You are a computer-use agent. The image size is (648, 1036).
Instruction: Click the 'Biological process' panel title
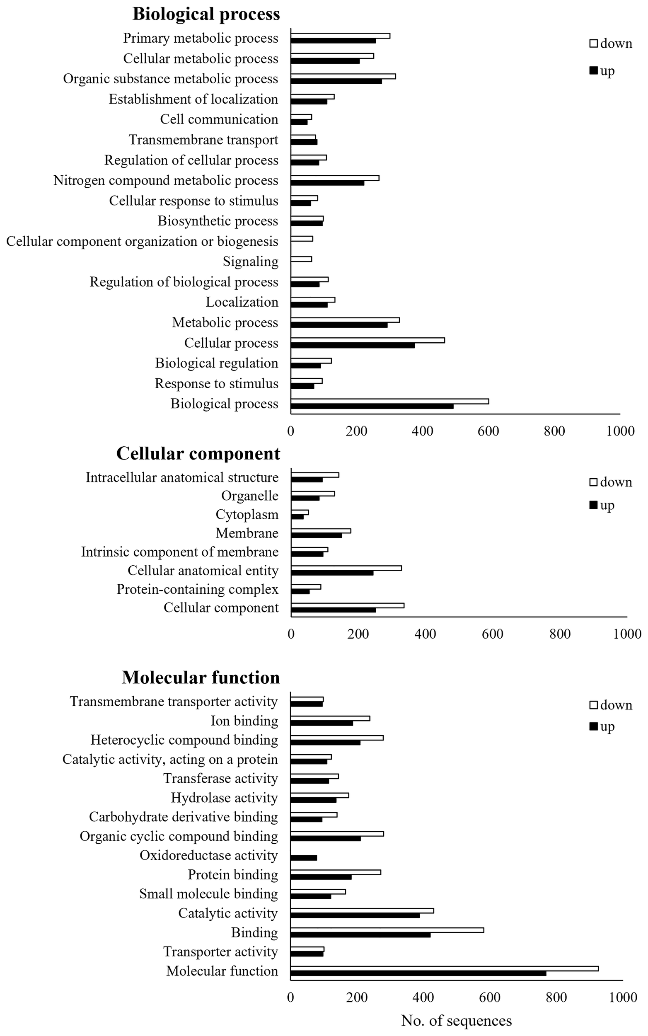(206, 14)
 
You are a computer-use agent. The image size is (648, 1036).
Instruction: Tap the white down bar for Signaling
(301, 259)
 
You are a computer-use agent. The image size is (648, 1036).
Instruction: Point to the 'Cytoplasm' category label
(247, 514)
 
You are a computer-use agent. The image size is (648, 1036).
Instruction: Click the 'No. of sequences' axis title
(456, 1021)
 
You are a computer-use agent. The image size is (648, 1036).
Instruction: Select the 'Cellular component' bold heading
(198, 453)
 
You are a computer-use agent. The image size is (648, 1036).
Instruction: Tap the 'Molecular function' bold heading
(201, 677)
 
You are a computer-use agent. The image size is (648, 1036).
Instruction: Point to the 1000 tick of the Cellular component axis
(627, 634)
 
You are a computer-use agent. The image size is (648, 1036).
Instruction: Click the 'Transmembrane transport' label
(203, 140)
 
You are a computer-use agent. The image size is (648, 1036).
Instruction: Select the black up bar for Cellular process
(352, 346)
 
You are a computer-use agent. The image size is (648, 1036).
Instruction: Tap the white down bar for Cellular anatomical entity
(346, 568)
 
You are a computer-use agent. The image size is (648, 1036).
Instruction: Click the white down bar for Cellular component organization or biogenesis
(302, 239)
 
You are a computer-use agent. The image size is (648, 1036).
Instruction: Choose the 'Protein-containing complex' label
(197, 589)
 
